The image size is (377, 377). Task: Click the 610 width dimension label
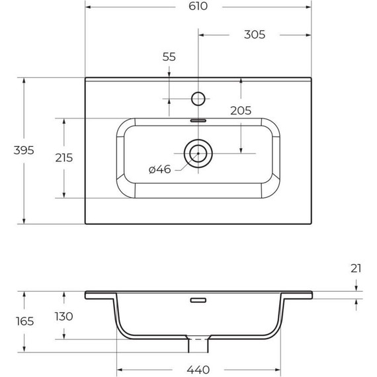click(x=198, y=6)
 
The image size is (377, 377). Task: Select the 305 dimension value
click(x=255, y=34)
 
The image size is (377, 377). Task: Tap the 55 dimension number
click(x=169, y=57)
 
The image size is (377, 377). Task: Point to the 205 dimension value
click(x=241, y=111)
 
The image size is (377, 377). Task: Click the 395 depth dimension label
click(x=24, y=151)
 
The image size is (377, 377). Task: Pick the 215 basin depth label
click(x=64, y=158)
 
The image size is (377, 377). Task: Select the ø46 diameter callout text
click(x=160, y=169)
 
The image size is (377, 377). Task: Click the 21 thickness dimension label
click(x=356, y=269)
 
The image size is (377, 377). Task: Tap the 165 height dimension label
click(x=24, y=321)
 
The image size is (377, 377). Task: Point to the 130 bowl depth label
click(x=63, y=317)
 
